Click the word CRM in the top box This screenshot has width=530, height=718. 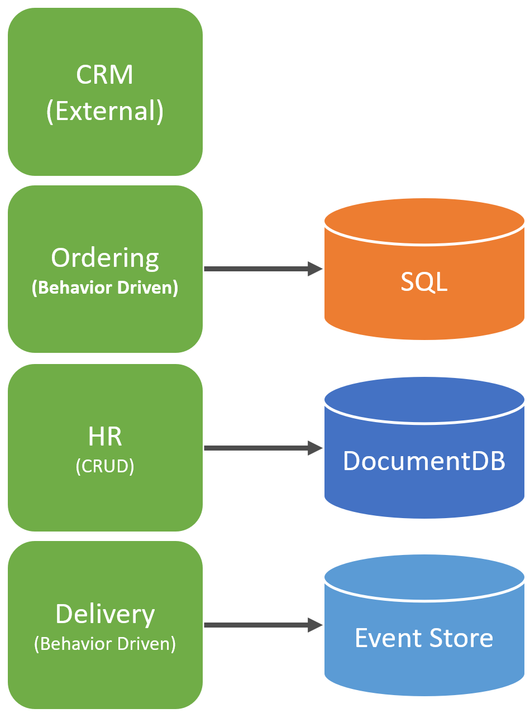point(105,74)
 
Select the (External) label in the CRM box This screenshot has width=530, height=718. point(105,111)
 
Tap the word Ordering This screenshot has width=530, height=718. point(105,258)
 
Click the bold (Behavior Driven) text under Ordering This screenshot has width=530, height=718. point(105,288)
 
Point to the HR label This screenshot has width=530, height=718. point(105,436)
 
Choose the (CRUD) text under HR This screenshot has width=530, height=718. point(105,466)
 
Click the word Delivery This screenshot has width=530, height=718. point(105,614)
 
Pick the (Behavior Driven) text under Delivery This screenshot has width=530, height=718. point(105,644)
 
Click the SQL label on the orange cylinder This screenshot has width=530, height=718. point(424,283)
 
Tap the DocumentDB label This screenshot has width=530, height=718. point(424,461)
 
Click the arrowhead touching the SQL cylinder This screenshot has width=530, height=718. point(316,269)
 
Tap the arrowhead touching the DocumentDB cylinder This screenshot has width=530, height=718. point(316,448)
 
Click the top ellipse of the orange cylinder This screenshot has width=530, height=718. point(424,221)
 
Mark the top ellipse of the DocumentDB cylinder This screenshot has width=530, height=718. point(424,399)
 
